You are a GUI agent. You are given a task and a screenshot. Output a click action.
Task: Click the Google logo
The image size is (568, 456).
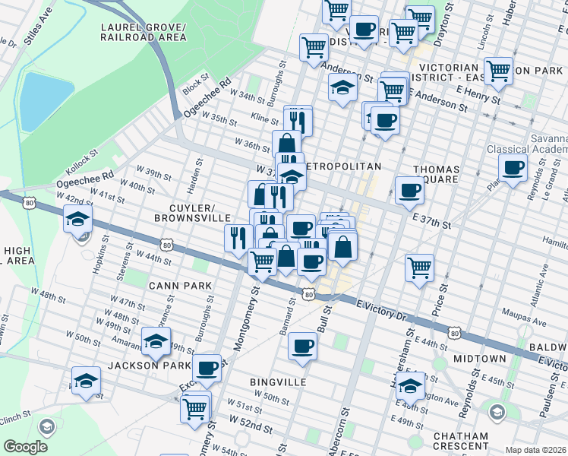coord(25,446)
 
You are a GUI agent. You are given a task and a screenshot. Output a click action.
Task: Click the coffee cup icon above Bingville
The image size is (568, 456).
coord(302,347)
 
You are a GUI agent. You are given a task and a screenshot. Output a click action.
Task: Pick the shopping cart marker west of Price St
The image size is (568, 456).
coord(419,268)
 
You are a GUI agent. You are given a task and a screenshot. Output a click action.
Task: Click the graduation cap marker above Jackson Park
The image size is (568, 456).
coord(156,341)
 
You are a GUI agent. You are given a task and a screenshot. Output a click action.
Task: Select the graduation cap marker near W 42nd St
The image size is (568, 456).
coord(77,220)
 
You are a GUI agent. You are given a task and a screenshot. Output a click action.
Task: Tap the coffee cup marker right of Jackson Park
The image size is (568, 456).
coord(207,369)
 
